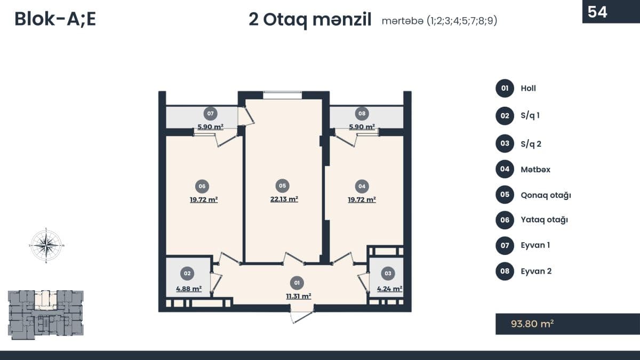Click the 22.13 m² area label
284,199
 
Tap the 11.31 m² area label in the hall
299,296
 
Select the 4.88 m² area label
189,289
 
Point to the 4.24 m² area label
389,289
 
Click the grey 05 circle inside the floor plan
282,186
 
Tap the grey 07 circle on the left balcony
210,114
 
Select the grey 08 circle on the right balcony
362,114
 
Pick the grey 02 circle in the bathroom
187,274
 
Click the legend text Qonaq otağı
546,195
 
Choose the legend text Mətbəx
535,170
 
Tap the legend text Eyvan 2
536,271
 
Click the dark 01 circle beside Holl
505,89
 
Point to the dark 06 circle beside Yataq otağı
505,220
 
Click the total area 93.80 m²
532,324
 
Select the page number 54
597,12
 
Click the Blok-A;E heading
55,19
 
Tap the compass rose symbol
46,245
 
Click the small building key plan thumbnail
46,315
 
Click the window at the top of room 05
282,95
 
